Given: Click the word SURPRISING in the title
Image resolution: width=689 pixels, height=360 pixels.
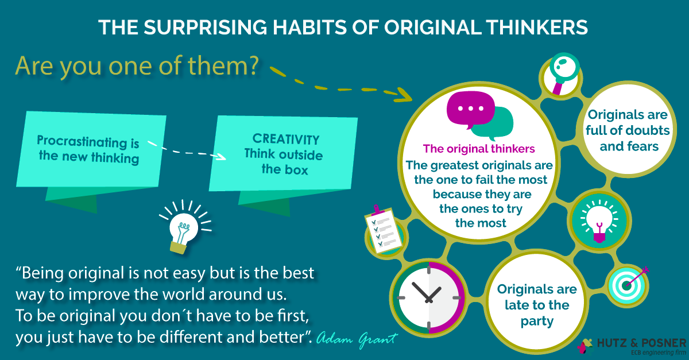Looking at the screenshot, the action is pyautogui.click(x=206, y=27).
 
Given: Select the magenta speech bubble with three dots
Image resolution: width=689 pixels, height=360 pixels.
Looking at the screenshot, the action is pyautogui.click(x=471, y=110).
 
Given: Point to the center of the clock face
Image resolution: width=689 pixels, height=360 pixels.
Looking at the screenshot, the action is pyautogui.click(x=429, y=298).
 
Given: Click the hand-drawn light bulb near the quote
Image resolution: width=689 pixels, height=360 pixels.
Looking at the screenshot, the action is pyautogui.click(x=184, y=227).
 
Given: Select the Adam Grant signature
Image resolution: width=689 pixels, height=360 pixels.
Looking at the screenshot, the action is pyautogui.click(x=357, y=339).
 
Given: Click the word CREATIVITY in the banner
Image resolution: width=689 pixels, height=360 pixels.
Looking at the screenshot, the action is pyautogui.click(x=286, y=140).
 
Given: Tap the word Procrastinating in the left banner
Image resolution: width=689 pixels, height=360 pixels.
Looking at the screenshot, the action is pyautogui.click(x=82, y=142).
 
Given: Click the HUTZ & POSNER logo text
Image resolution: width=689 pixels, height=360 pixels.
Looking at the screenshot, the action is pyautogui.click(x=642, y=343).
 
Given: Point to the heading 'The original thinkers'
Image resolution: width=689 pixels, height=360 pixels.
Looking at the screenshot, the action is pyautogui.click(x=479, y=149).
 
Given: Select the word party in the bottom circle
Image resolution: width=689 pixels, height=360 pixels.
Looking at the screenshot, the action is pyautogui.click(x=537, y=321).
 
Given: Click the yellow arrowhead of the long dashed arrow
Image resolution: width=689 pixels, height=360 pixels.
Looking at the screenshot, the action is pyautogui.click(x=404, y=95).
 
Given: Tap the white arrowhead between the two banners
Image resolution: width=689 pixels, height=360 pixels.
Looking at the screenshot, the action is pyautogui.click(x=221, y=156).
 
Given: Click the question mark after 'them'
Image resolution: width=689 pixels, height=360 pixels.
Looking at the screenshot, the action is pyautogui.click(x=254, y=65).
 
